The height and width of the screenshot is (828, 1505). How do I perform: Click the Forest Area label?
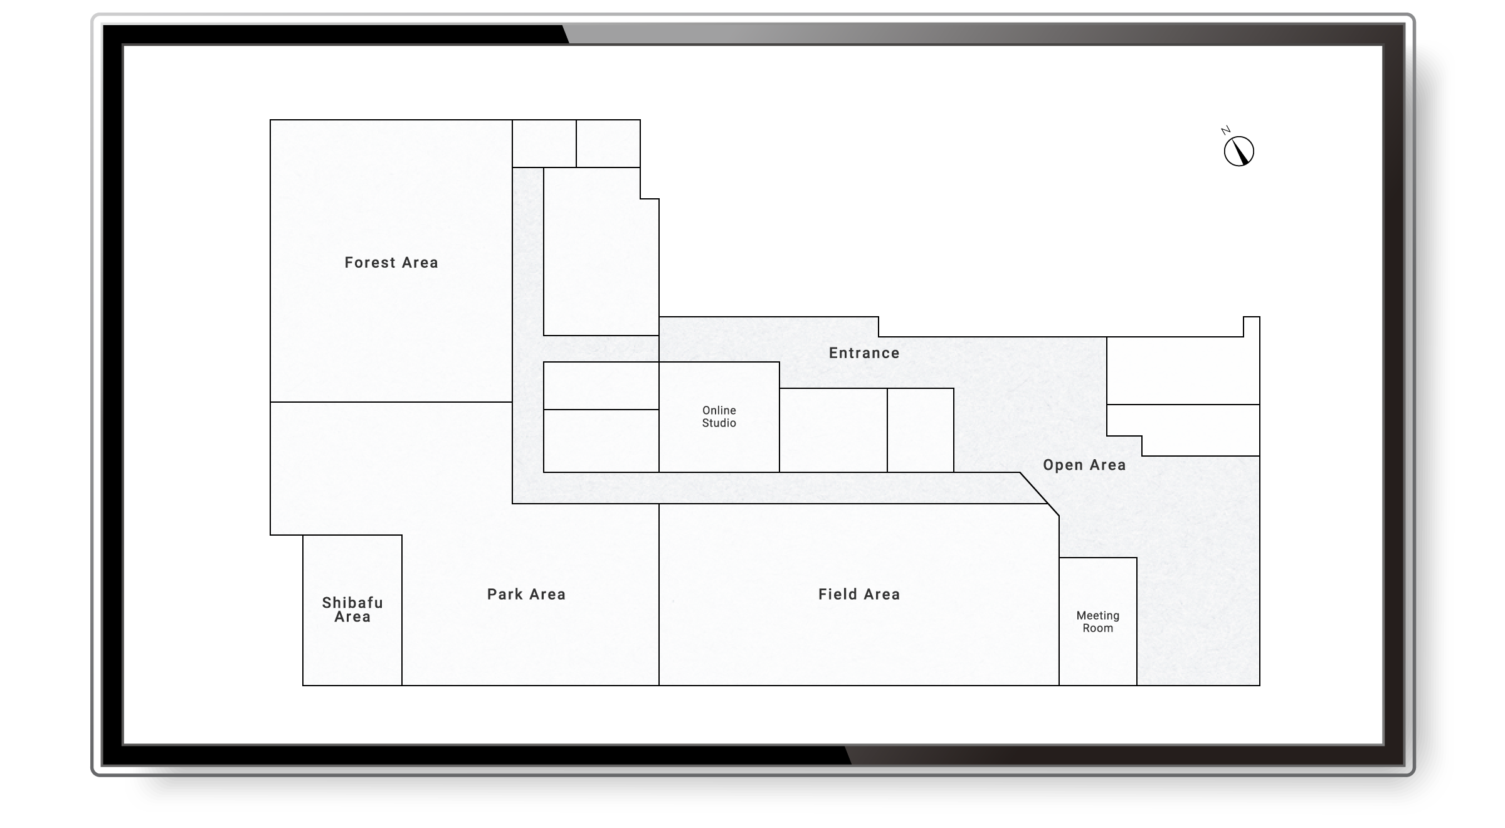[x=391, y=263]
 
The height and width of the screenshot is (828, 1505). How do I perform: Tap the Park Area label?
[x=526, y=594]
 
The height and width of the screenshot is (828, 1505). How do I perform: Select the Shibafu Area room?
[x=352, y=610]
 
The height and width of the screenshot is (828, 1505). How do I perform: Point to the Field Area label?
[x=859, y=594]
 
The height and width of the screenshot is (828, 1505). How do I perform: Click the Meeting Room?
[x=1098, y=622]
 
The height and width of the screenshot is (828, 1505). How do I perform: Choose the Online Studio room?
[x=719, y=417]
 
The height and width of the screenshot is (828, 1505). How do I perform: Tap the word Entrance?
[x=864, y=353]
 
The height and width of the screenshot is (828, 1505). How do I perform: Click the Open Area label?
[x=1084, y=465]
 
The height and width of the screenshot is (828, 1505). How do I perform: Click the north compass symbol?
[x=1239, y=152]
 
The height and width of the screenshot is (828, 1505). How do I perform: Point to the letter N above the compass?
[x=1225, y=130]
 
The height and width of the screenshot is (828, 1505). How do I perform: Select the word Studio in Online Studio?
[x=719, y=423]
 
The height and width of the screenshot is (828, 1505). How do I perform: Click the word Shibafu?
[x=352, y=603]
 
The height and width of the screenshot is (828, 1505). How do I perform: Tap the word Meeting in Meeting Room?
[x=1098, y=615]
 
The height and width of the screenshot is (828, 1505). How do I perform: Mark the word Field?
[x=837, y=594]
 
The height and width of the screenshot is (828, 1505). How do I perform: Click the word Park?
[x=505, y=594]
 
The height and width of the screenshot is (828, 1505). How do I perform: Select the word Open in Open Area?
[x=1062, y=465]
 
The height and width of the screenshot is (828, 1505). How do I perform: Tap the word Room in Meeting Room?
[x=1098, y=629]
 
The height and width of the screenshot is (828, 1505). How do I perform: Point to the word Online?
[x=719, y=410]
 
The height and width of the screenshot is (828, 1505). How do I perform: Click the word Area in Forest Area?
[x=420, y=263]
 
